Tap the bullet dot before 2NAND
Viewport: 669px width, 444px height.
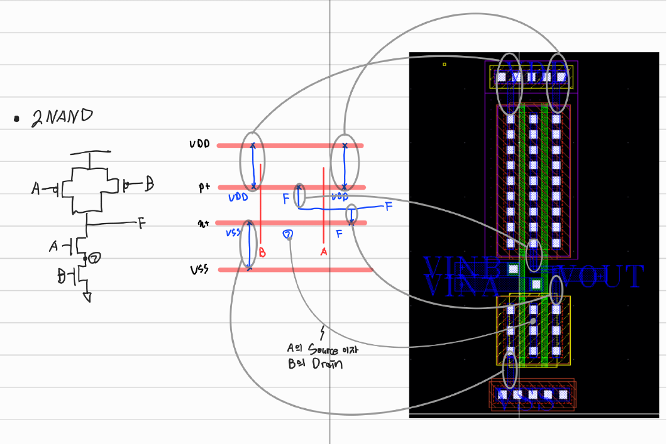coord(16,118)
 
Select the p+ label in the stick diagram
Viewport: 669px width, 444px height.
coord(204,187)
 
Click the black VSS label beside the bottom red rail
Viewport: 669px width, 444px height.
coord(201,269)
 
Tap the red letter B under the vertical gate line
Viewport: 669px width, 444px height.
coord(262,252)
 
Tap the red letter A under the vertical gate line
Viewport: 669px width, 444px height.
coord(324,251)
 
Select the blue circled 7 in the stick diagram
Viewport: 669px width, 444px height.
coord(289,235)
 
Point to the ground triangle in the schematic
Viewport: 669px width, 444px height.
coord(87,297)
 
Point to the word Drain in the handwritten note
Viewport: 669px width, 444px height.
coord(327,364)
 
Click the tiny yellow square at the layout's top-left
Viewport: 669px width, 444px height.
coord(445,64)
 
